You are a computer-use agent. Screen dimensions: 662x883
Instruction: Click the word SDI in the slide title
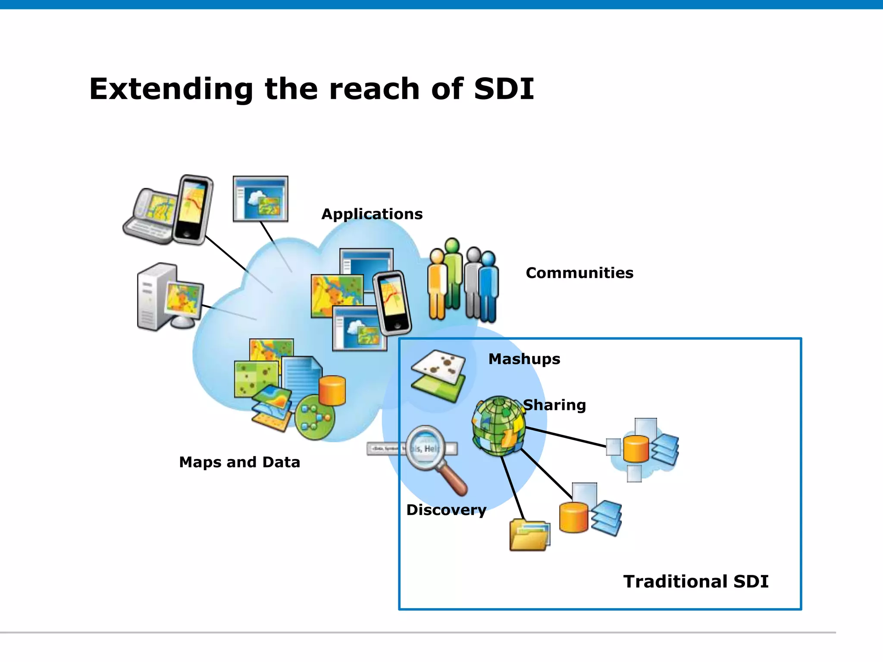(504, 89)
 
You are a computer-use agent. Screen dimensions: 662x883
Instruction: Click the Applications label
(372, 214)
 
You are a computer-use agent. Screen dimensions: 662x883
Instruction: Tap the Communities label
(579, 273)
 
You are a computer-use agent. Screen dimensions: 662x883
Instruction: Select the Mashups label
(524, 359)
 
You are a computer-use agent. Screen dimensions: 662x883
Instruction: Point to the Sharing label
(554, 405)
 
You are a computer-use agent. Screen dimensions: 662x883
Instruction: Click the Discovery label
(446, 510)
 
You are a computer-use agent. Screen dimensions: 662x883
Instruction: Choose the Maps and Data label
(239, 462)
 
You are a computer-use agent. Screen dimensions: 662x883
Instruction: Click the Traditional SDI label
(695, 581)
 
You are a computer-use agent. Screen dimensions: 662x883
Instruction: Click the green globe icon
(498, 426)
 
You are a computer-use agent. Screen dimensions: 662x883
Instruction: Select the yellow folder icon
(529, 536)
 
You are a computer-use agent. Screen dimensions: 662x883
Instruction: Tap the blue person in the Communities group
(488, 286)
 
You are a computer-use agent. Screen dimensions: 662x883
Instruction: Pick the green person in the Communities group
(453, 273)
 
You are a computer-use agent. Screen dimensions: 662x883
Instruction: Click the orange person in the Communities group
(437, 284)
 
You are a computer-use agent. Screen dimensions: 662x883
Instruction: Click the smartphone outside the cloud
(193, 209)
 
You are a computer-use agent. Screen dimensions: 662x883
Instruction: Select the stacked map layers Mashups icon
(438, 375)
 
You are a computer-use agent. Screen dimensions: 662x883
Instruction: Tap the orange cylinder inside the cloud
(332, 390)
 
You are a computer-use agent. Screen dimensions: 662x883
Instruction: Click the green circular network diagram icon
(315, 417)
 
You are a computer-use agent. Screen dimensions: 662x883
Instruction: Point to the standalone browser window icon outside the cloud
(260, 199)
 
